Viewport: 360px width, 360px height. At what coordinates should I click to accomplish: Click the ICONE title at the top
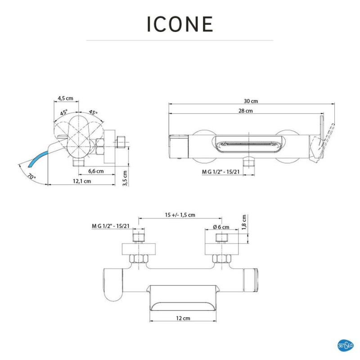point(180,24)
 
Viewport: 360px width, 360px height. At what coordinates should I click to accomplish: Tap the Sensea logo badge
point(345,345)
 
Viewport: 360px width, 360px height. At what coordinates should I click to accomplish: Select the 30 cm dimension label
point(251,101)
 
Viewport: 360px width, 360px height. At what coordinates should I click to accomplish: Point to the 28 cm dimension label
point(246,111)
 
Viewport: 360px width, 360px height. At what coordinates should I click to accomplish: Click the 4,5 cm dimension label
point(65,98)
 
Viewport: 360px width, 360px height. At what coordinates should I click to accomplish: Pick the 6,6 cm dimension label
point(96,171)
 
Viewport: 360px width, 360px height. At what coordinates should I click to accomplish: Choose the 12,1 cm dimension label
point(82,181)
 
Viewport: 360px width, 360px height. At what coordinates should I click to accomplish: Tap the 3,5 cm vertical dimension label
point(125,178)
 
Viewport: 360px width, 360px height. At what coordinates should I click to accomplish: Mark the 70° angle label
point(31,176)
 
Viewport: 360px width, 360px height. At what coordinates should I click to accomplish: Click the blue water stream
point(38,158)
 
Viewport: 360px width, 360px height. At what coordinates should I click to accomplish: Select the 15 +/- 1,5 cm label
point(180,215)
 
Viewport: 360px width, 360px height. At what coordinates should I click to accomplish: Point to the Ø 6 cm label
point(221,227)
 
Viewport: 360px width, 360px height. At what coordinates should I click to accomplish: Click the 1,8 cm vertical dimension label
point(244,222)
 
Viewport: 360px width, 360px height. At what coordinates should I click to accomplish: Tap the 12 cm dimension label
point(183,318)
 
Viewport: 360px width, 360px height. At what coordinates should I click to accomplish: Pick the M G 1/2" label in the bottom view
point(111,226)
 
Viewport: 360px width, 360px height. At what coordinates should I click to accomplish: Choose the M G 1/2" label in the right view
point(220,172)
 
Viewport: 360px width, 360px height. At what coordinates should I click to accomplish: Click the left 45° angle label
point(63,112)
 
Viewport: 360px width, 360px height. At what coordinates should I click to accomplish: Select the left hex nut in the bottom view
point(139,258)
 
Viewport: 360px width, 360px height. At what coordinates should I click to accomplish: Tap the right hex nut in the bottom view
point(221,258)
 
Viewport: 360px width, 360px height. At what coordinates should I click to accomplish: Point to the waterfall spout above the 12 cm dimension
point(183,298)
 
